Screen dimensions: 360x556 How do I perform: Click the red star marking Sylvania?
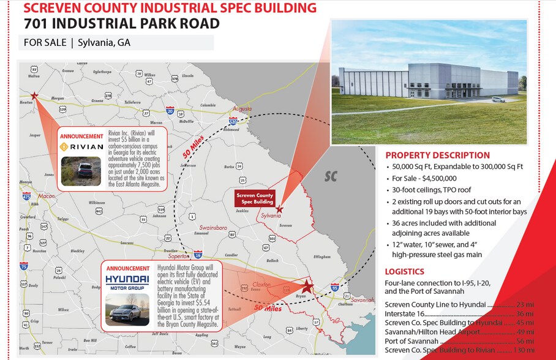pos(279,209)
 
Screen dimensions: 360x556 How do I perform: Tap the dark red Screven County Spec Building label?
pos(255,198)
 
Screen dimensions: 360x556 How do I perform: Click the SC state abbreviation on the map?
pos(331,176)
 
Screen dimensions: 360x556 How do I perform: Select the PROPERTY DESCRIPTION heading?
pos(437,156)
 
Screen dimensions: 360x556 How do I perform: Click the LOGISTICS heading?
pos(404,271)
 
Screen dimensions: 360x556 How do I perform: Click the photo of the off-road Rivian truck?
pos(81,170)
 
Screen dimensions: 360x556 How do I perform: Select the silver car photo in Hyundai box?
pos(127,310)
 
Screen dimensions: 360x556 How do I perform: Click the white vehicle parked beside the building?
pos(498,99)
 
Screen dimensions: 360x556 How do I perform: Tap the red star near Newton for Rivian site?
pos(34,96)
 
